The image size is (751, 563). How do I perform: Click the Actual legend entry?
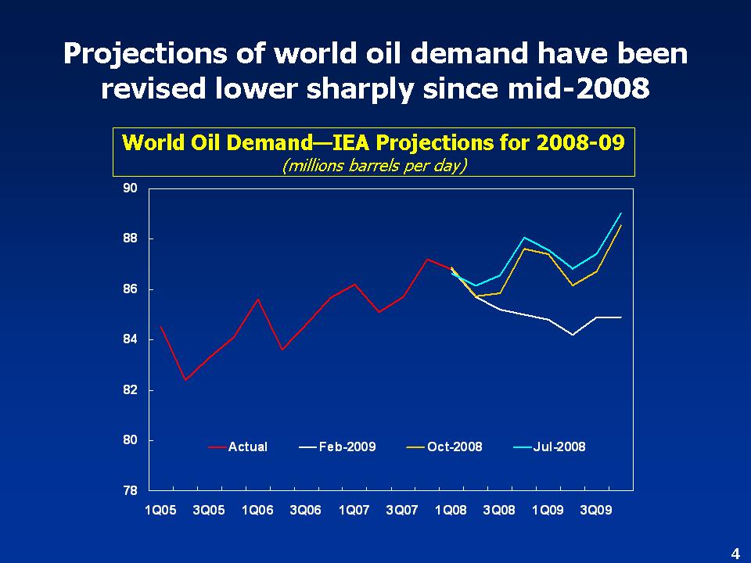247,447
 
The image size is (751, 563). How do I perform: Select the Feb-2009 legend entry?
347,447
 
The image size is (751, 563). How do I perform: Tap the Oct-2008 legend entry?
455,447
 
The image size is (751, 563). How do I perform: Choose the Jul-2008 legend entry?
559,447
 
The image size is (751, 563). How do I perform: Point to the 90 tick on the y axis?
130,188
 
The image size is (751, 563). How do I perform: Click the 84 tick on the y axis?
130,339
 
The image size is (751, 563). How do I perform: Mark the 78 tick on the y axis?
130,491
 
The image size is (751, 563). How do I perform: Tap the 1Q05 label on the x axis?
160,511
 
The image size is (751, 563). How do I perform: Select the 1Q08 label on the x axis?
451,511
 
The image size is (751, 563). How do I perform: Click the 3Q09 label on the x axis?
596,511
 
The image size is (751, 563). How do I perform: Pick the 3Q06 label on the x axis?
305,511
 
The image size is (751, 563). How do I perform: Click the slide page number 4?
735,554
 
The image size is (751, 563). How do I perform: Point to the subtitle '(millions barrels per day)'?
374,166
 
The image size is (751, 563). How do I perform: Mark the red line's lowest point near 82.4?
185,380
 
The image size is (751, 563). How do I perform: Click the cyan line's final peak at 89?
621,213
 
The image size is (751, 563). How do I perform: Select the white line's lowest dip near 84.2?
573,335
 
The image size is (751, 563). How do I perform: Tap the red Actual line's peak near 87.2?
427,259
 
